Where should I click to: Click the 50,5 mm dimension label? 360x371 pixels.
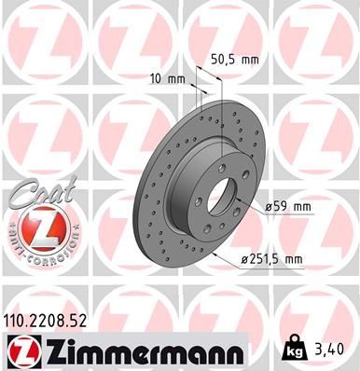coord(232,58)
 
